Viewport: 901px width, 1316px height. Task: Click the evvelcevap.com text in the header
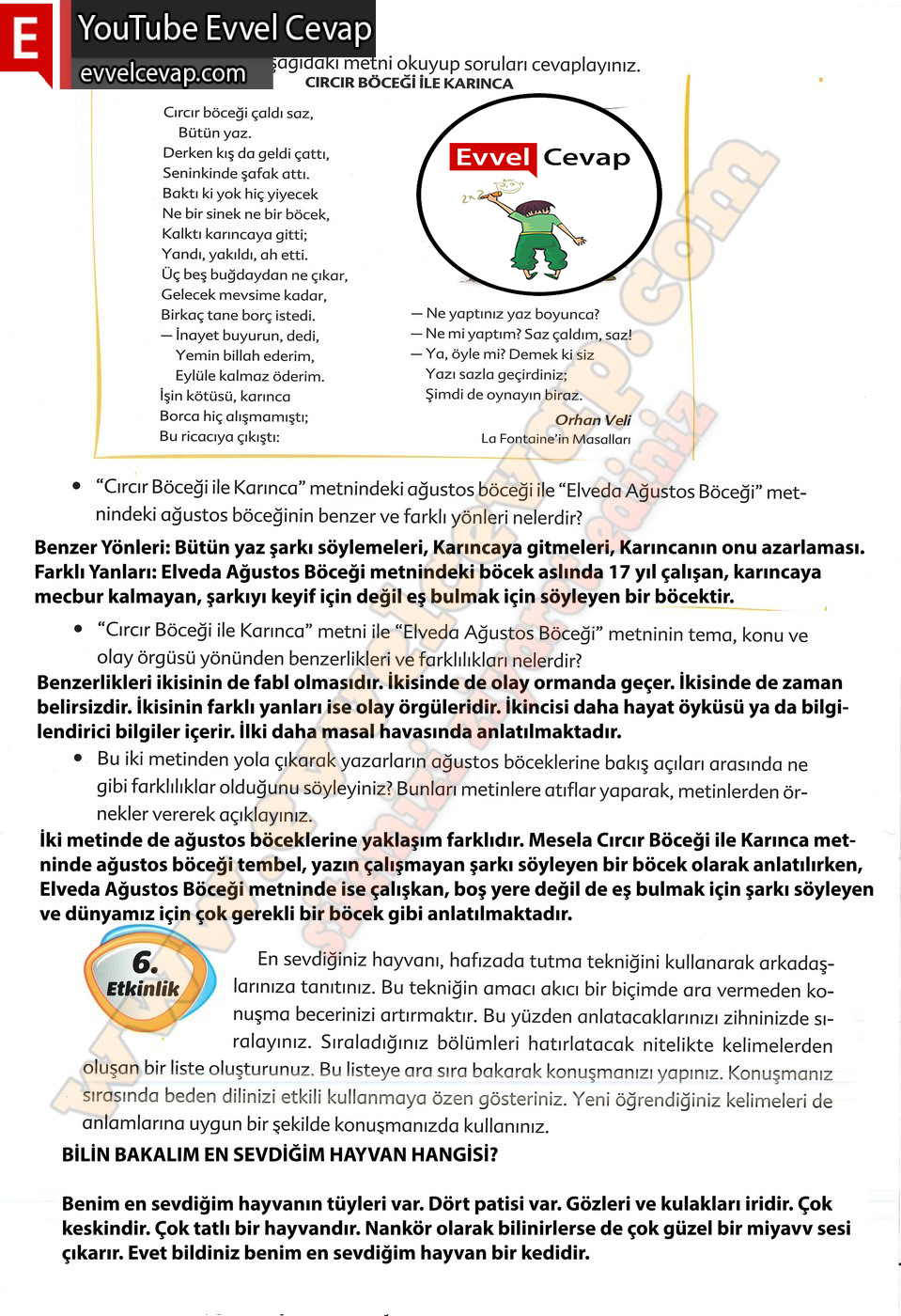(x=163, y=73)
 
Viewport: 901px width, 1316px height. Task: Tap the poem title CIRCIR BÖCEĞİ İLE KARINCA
(x=409, y=83)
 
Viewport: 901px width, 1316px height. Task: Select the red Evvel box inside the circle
(x=492, y=157)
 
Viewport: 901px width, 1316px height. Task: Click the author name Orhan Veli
(x=592, y=419)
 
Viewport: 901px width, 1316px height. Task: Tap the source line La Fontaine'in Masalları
(x=555, y=439)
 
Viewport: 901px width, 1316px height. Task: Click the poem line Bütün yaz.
(x=214, y=133)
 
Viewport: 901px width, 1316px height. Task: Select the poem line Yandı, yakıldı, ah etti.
(x=234, y=254)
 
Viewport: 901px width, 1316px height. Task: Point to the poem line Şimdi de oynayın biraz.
(x=503, y=395)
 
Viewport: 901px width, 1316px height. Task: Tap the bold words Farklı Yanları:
(x=95, y=572)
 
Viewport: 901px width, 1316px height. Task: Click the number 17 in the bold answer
(x=619, y=572)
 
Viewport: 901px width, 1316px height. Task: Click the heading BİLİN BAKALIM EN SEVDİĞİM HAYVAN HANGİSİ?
(x=280, y=1154)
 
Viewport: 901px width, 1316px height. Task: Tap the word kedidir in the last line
(x=553, y=1253)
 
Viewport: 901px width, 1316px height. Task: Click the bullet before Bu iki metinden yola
(x=79, y=758)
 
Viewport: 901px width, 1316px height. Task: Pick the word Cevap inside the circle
(x=586, y=157)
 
